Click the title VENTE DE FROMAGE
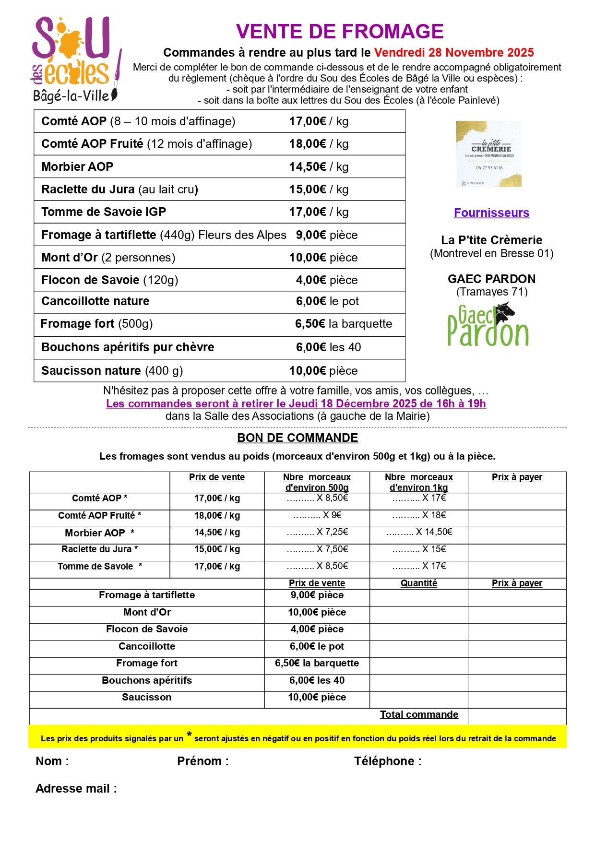coord(340,32)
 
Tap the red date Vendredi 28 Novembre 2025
coord(454,52)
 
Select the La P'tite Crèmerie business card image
coord(488,154)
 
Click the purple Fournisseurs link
coord(491,213)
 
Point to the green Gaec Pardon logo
coord(488,325)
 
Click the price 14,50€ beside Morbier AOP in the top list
coord(308,166)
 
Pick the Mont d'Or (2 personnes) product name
coord(108,258)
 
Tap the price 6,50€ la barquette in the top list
coord(344,324)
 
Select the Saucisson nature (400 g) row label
coord(112,370)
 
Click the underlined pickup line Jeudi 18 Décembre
coord(296,403)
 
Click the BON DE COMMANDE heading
coord(297,438)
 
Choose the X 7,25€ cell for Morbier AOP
coord(317,532)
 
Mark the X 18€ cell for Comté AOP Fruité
coord(419,515)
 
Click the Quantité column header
coord(419,583)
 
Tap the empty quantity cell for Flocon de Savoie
coord(419,629)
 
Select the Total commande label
coord(419,714)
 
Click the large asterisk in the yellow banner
coord(190,735)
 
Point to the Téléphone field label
coord(388,761)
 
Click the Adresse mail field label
coord(76,789)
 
